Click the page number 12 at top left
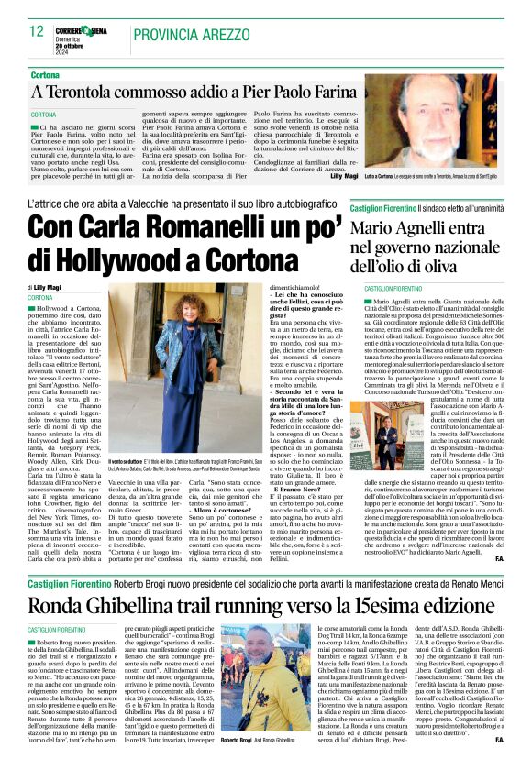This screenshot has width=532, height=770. pyautogui.click(x=36, y=31)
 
